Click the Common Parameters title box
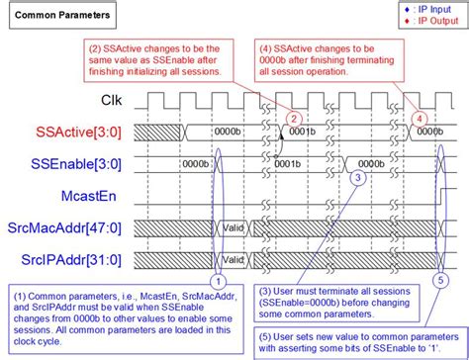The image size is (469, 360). tap(60, 17)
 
